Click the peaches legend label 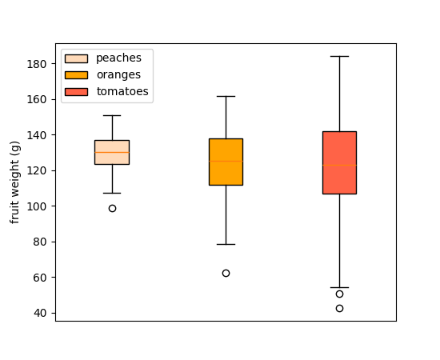[x=118, y=58]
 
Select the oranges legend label [x=118, y=75]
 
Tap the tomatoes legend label [x=122, y=92]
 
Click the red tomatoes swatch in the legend [x=76, y=92]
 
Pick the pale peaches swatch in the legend [x=76, y=58]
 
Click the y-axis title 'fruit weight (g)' [x=15, y=182]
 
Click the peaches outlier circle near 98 [x=112, y=208]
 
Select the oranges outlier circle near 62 [x=226, y=273]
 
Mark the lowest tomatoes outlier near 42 [x=339, y=308]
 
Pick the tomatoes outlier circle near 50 [x=339, y=294]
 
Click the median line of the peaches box [x=112, y=152]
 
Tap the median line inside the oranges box [x=226, y=161]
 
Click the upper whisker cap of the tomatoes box [x=339, y=56]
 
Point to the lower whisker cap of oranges [x=226, y=244]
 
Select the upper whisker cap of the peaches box [x=112, y=115]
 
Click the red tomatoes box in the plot [x=339, y=144]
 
